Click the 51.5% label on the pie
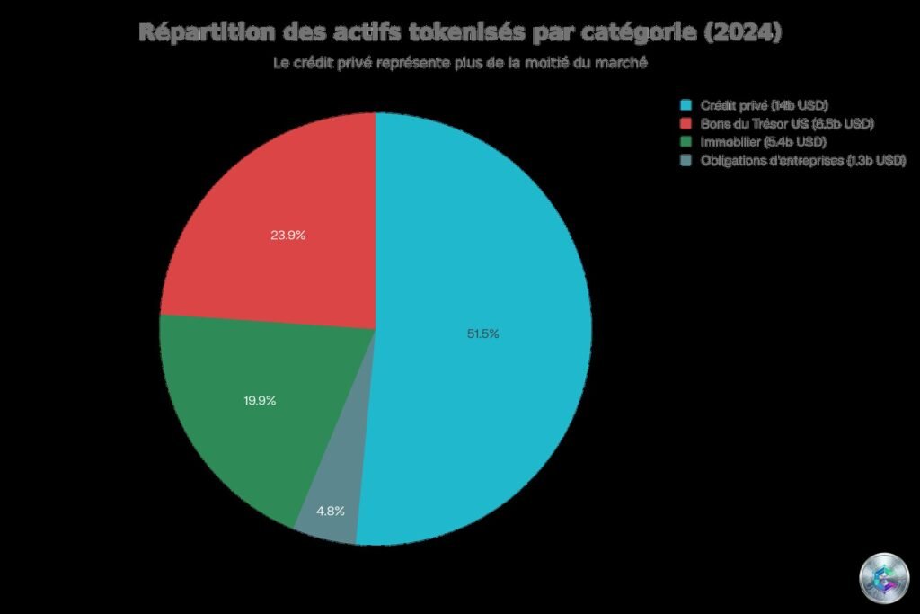(482, 334)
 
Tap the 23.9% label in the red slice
(287, 236)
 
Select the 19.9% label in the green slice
(260, 400)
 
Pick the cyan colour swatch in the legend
(687, 105)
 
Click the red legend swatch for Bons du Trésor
(687, 123)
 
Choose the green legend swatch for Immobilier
(687, 142)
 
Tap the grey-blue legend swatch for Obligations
(687, 160)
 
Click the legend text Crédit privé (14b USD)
(764, 105)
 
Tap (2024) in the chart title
(742, 33)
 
